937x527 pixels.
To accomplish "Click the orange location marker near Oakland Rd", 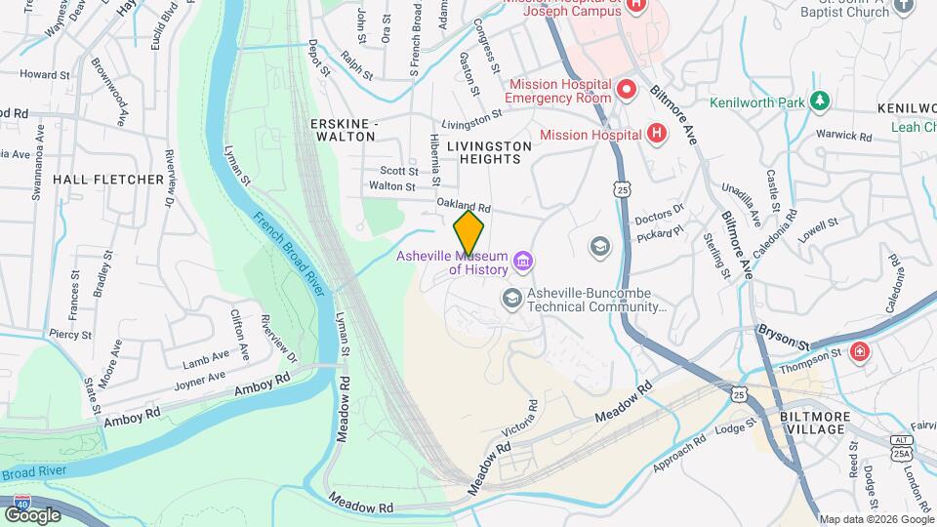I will [x=469, y=232].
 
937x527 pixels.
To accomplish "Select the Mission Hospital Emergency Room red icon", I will [x=627, y=91].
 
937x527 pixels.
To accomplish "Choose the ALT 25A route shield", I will [x=902, y=446].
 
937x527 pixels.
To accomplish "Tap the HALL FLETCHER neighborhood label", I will [x=107, y=180].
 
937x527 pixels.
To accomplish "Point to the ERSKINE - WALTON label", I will [x=343, y=130].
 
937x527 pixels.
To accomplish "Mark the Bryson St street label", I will [x=784, y=343].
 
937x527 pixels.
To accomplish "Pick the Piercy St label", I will [x=70, y=334].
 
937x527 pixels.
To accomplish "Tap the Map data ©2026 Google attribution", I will [x=876, y=519].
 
